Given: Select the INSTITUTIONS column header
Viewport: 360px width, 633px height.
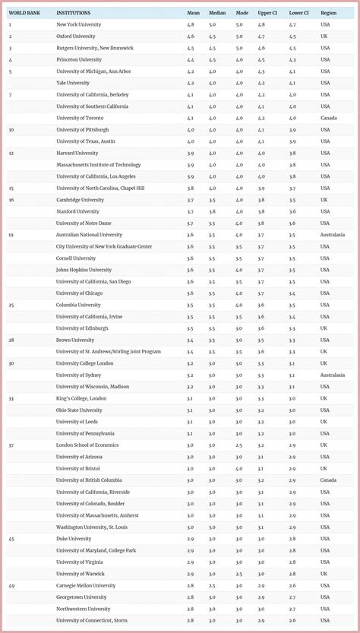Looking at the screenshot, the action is coord(73,13).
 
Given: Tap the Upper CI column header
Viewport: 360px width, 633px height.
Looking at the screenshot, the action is coord(267,13).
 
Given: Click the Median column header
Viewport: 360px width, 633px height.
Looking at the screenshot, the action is coord(218,13).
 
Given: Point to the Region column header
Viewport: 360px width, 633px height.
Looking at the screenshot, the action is coord(328,13).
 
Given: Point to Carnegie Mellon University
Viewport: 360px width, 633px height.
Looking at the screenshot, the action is coord(86,585).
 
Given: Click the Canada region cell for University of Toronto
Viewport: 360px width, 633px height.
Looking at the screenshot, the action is coord(328,118).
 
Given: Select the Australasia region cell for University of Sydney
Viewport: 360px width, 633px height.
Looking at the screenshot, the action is coord(332,375).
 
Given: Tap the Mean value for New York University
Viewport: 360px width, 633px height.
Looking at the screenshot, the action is coord(191,25).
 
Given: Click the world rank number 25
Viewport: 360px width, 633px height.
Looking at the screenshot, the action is coord(11,305).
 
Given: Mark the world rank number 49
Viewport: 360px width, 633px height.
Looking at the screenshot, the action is coord(11,585).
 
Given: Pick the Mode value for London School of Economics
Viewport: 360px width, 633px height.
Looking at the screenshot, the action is coord(238,445).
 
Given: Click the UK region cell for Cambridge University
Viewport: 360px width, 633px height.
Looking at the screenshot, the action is coord(324,200).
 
